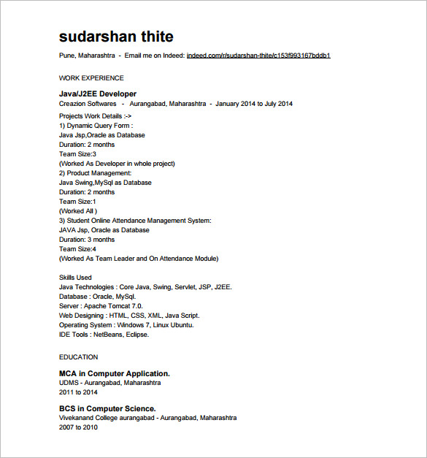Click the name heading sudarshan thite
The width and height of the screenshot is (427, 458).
tap(116, 37)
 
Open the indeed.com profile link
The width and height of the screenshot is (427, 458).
tap(258, 56)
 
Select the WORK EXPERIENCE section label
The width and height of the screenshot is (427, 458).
tap(91, 78)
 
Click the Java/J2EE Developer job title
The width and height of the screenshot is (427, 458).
tap(98, 93)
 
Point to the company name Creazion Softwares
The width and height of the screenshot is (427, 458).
tap(88, 104)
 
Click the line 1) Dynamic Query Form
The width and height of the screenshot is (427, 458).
tap(96, 126)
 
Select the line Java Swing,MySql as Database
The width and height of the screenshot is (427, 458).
tap(105, 183)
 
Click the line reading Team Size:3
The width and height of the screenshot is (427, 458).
tap(77, 154)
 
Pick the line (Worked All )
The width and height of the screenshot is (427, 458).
tap(78, 211)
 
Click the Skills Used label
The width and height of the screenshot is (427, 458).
tap(75, 278)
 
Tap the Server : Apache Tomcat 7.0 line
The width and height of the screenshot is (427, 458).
tap(101, 306)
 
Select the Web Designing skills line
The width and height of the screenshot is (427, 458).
tap(129, 316)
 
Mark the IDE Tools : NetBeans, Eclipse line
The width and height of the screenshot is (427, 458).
tap(104, 335)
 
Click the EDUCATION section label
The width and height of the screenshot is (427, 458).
tap(78, 357)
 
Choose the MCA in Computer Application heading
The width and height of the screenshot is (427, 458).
tap(115, 373)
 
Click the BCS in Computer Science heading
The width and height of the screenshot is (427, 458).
tap(107, 408)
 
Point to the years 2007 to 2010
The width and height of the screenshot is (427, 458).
tap(78, 427)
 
